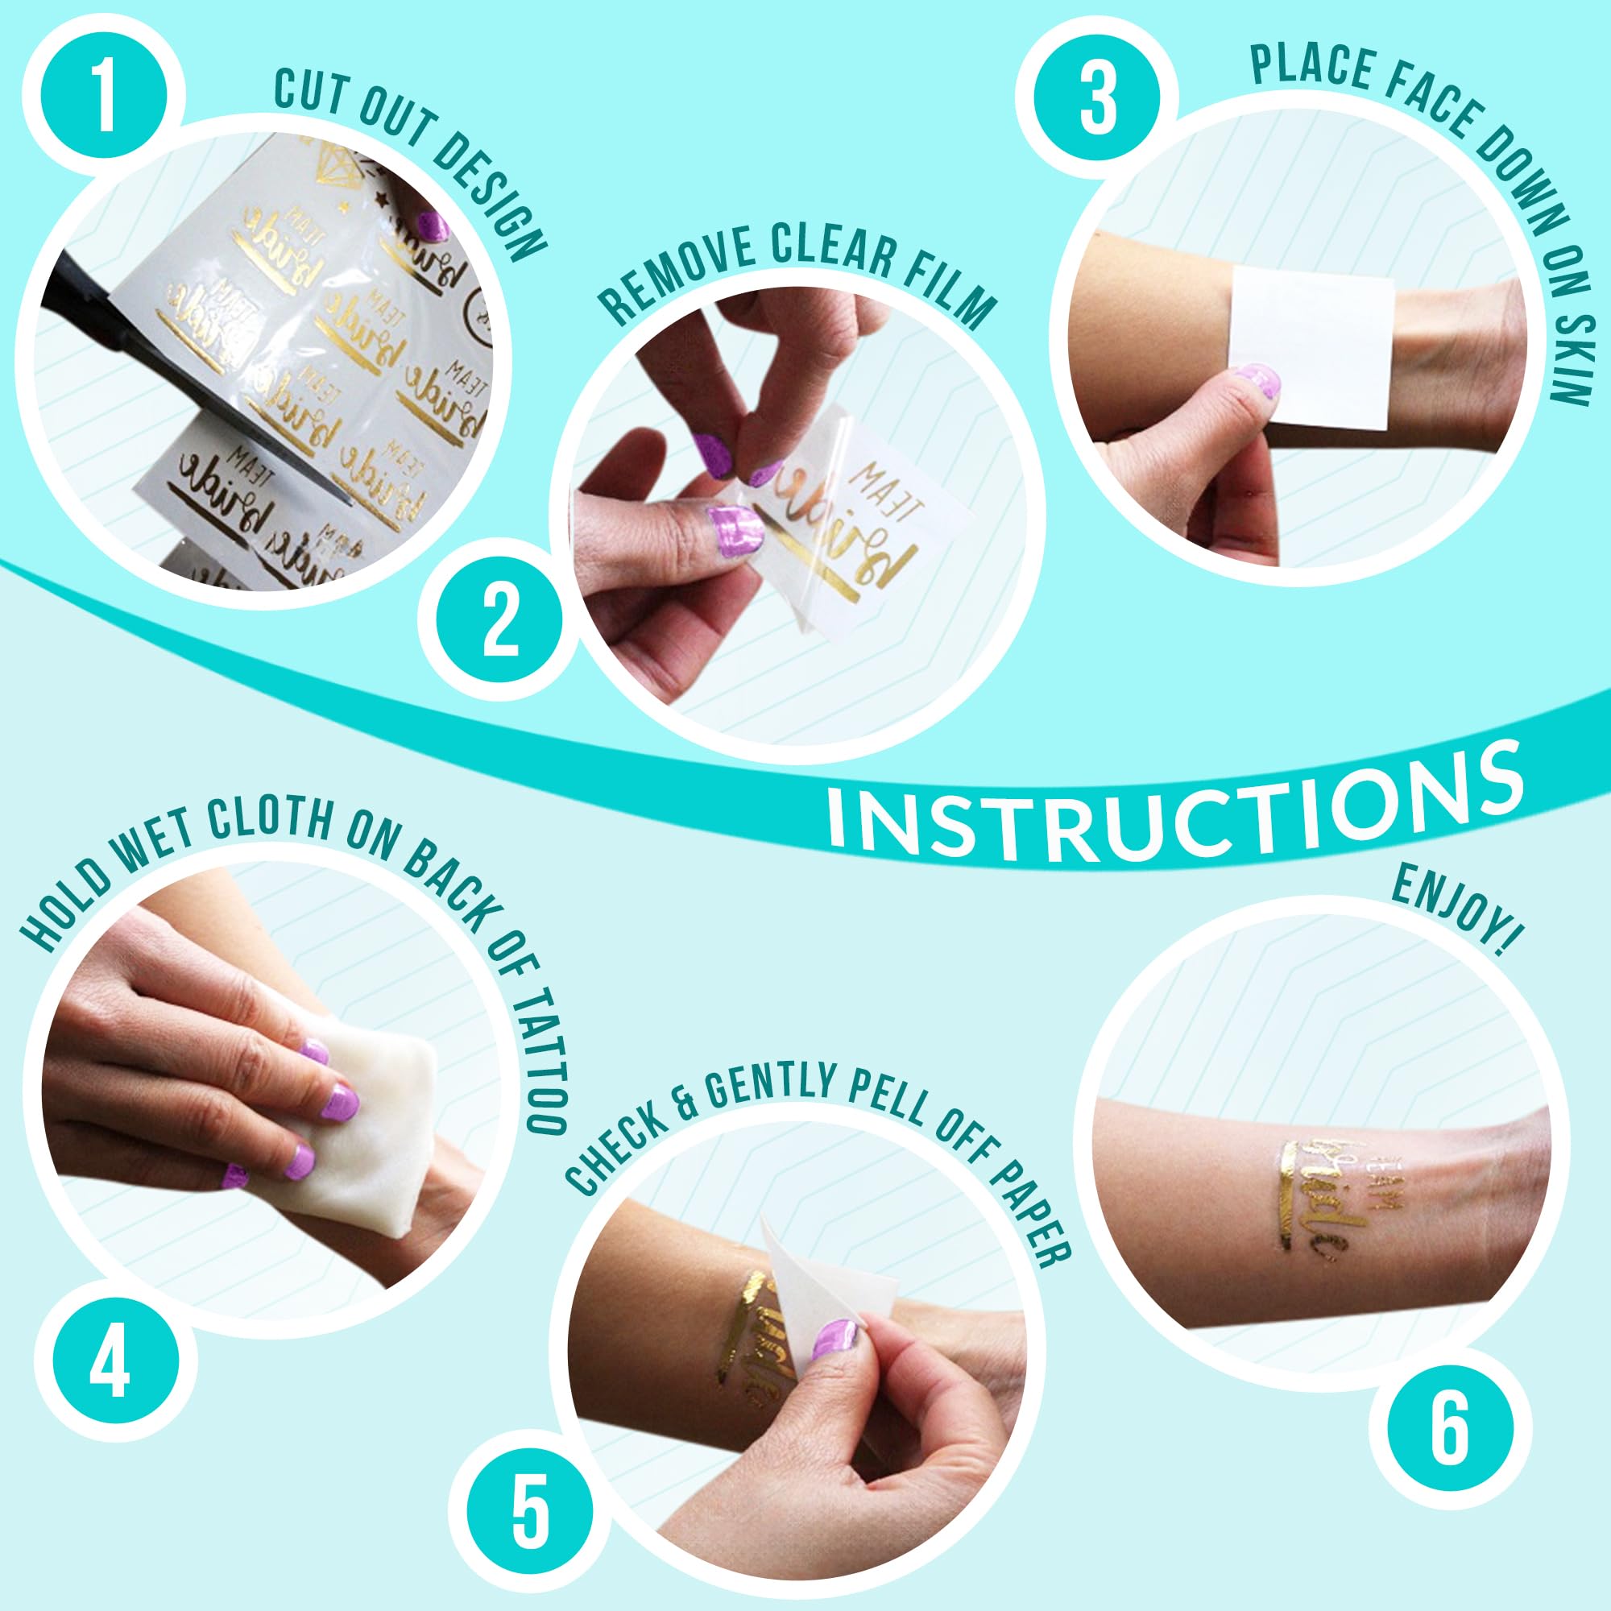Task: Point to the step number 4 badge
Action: point(110,1365)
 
